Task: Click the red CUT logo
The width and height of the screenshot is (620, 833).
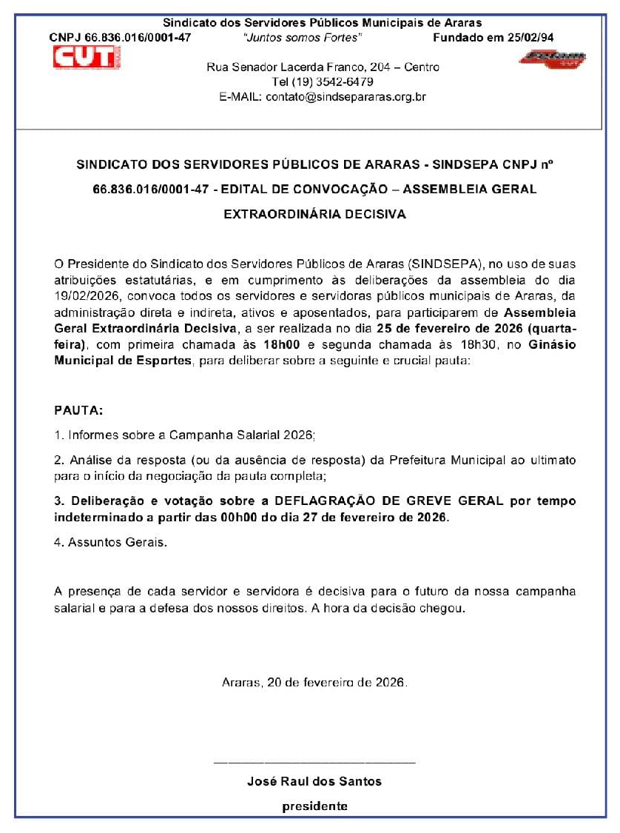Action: (x=87, y=57)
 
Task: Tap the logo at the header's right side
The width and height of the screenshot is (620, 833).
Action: (x=552, y=58)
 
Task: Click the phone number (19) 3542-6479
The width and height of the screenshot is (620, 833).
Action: (x=323, y=81)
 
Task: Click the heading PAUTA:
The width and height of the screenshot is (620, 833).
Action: (x=79, y=409)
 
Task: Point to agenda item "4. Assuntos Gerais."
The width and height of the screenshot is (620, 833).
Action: (x=111, y=543)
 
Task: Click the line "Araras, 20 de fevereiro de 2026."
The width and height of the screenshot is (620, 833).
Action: (x=314, y=682)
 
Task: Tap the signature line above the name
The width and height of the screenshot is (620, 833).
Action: (x=314, y=762)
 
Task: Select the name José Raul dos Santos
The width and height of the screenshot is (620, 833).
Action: (x=314, y=781)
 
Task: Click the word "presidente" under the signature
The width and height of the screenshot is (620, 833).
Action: (x=314, y=806)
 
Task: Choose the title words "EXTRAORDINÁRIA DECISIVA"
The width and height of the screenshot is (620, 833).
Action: (x=314, y=215)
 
